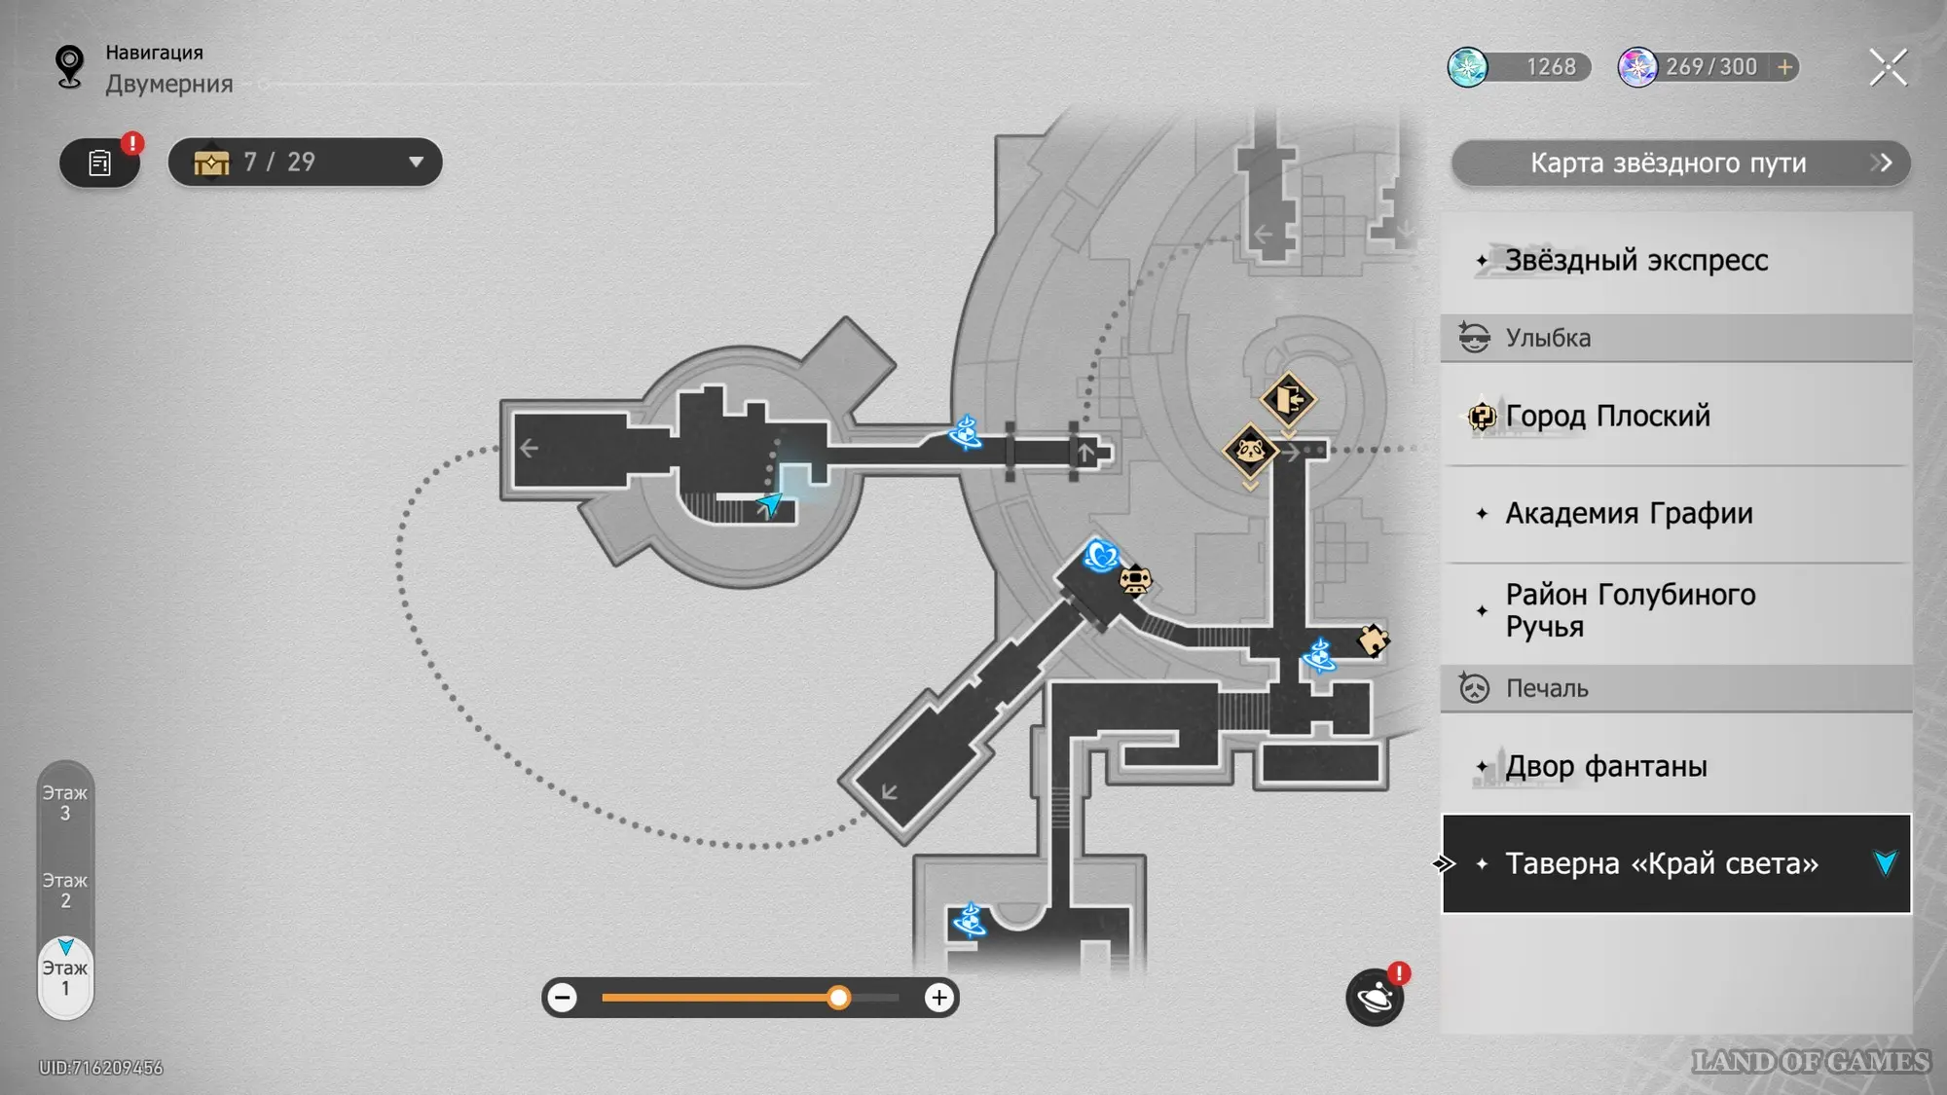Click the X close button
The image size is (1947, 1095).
(1888, 67)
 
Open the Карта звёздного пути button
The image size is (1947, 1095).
(1679, 163)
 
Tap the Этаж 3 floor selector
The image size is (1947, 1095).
(65, 803)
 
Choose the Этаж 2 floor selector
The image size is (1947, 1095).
(65, 891)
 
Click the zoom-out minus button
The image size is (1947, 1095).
(563, 998)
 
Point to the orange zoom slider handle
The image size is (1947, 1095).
(838, 998)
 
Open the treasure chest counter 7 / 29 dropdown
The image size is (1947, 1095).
(305, 162)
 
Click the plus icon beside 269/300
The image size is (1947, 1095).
(1785, 67)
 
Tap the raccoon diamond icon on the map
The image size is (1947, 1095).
(1250, 451)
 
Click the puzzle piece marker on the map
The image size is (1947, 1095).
(1373, 639)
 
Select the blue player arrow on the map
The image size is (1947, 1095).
(770, 503)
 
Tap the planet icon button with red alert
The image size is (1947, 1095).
(1375, 998)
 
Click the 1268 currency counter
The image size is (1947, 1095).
(1519, 67)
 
